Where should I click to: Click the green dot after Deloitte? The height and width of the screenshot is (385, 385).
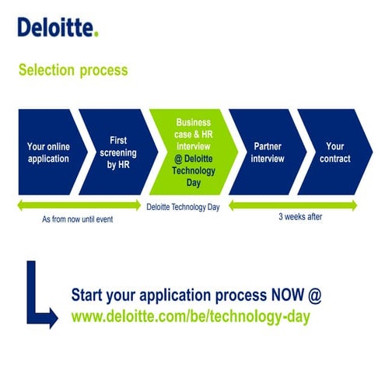pos(96,34)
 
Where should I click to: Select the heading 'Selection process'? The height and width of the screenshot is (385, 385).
pos(73,70)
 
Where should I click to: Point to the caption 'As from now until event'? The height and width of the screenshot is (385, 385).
pos(78,219)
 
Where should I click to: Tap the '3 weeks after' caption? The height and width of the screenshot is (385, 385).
pos(300,217)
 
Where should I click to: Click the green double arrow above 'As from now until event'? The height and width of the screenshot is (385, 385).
pos(78,206)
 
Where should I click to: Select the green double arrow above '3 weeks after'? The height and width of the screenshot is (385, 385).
pos(293,206)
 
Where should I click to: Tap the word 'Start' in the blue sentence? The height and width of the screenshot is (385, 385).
pos(90,296)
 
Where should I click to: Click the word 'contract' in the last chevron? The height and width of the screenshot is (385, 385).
pos(335,159)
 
